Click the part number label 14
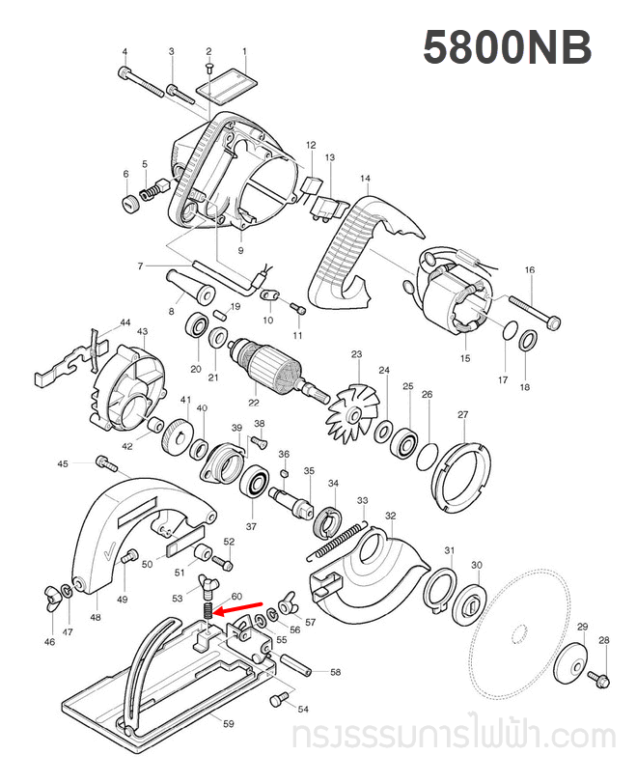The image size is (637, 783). coord(365,179)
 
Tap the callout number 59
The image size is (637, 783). coord(228,723)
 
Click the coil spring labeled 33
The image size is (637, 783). coord(338,538)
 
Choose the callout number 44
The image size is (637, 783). coord(125,322)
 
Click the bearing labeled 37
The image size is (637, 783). coord(257,480)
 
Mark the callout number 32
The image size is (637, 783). coord(391,517)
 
